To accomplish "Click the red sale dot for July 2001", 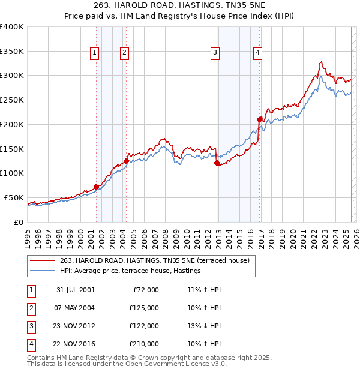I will pyautogui.click(x=96, y=187).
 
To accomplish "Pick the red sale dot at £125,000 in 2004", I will pyautogui.click(x=126, y=161).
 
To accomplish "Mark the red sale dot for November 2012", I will pyautogui.click(x=217, y=163).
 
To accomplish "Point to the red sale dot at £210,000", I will pyautogui.click(x=259, y=119).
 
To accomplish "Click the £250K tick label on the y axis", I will pyautogui.click(x=12, y=100).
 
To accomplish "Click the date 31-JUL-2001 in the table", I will pyautogui.click(x=75, y=290).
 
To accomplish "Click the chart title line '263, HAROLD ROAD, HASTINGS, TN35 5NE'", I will pyautogui.click(x=180, y=6).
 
